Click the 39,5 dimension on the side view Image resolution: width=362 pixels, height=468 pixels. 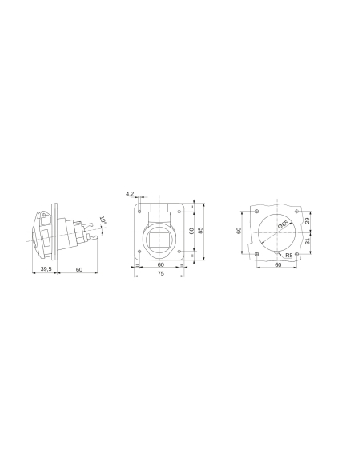46,270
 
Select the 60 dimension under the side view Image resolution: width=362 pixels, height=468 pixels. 79,270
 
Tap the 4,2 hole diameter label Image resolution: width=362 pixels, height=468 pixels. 130,193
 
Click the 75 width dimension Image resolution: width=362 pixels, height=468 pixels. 160,273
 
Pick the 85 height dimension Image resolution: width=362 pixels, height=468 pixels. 201,230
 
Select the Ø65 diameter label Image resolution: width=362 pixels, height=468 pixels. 284,226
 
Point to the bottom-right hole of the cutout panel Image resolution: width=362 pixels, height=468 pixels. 296,254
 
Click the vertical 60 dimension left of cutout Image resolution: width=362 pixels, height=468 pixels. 239,230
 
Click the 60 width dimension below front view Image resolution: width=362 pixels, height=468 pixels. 160,264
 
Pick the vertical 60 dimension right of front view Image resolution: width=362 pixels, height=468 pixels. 191,230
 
